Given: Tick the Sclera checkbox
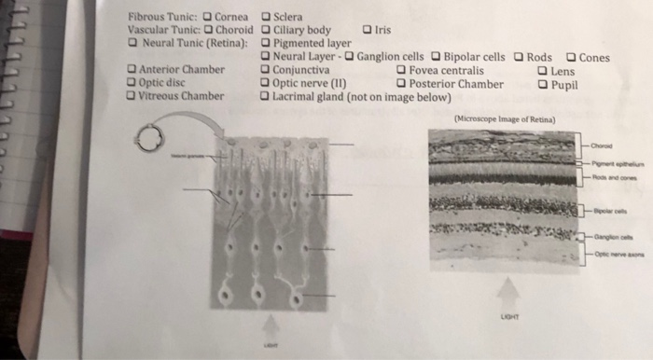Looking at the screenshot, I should pos(267,16).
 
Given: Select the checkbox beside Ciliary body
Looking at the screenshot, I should pos(267,29).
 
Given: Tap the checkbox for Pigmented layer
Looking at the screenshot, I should pos(267,43).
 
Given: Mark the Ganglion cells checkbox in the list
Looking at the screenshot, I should pos(350,57).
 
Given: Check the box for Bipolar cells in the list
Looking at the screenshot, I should pos(436,57).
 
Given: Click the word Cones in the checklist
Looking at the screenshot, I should pos(594,58).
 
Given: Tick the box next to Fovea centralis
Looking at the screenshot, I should pos(401,70).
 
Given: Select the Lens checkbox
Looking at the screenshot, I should pos(543,70).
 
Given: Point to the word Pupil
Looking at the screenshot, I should pos(565,84).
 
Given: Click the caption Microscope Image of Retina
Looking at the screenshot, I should pos(504,118).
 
